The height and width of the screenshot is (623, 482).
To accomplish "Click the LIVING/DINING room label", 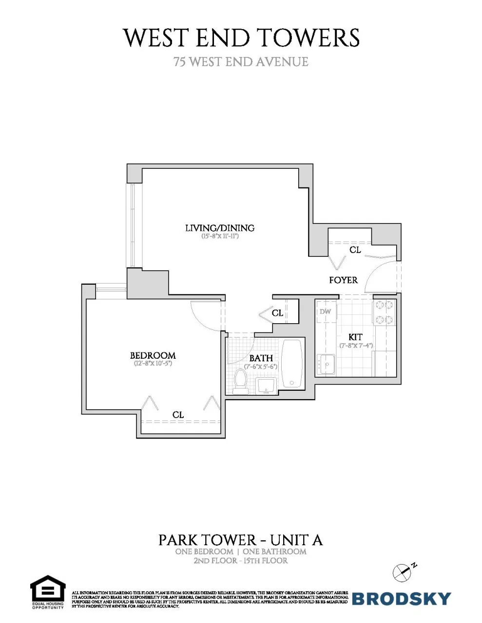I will (x=220, y=228).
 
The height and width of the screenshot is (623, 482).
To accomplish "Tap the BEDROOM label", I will (x=153, y=355).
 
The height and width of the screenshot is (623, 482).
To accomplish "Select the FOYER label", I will (x=343, y=280).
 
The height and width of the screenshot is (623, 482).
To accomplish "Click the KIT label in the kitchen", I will (x=355, y=337).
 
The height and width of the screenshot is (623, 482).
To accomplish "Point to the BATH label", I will (x=261, y=358).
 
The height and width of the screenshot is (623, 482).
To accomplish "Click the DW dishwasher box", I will (x=325, y=311).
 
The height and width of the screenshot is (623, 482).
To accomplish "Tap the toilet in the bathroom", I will (x=240, y=381).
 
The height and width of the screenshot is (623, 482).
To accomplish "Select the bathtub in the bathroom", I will (x=292, y=363).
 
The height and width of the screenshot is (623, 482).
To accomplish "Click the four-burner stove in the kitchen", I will (x=383, y=312).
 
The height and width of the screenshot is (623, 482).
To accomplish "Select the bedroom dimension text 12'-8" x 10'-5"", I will (x=153, y=364).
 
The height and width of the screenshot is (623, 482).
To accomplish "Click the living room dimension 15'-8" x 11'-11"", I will (x=220, y=237).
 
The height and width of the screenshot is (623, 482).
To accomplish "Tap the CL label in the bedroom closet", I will (x=178, y=415).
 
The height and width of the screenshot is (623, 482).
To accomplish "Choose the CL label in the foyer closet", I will (x=355, y=250).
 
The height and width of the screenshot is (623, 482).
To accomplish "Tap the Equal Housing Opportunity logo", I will (x=48, y=591).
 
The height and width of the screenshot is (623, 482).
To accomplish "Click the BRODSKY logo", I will (x=401, y=598).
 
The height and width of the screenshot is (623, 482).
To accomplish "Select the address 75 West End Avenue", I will (x=241, y=62).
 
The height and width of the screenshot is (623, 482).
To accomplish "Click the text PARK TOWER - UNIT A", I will (x=241, y=540).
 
